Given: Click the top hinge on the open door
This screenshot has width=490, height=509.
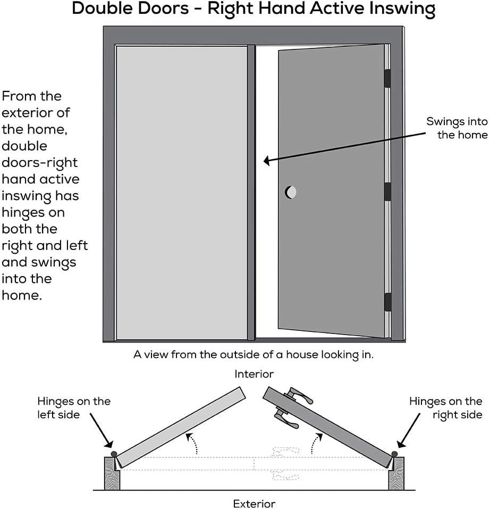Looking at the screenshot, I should coord(387,78).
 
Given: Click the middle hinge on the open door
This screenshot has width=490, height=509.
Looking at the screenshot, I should coord(387,191).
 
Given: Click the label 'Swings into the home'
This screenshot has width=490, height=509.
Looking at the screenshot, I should coord(457,128).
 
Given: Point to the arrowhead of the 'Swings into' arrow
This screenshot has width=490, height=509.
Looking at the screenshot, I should coord(266,159).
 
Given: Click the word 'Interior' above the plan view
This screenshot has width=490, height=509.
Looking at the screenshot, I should coord(254,374).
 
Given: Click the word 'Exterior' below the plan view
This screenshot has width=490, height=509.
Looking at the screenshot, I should coord(254,503).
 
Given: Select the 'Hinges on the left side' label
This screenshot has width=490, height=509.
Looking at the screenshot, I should coord(73,407).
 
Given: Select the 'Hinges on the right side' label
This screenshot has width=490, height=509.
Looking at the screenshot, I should coord(445,407).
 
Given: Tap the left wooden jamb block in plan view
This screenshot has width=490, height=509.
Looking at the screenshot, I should coord(112,472).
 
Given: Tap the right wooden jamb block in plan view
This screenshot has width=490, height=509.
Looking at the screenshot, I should coord(396,472).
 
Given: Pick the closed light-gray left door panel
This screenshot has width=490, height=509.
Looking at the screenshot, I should coord(181,191).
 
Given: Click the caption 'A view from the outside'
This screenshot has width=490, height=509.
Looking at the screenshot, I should coord(254,355).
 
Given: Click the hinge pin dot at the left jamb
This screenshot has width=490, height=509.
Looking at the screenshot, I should coord(113,453).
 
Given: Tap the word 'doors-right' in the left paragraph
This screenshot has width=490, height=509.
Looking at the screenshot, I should coord(39,162).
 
